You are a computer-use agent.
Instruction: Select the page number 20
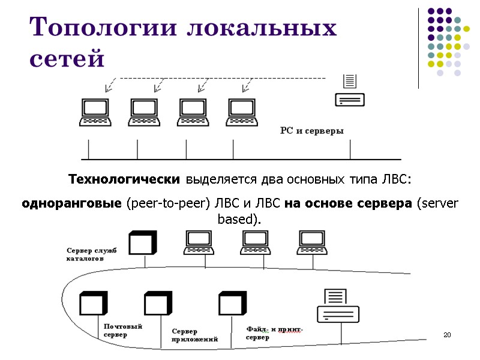[x=446, y=334]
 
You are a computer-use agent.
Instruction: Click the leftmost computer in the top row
[x=95, y=112]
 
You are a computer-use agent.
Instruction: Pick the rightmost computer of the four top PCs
[x=242, y=112]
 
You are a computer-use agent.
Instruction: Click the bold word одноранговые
[x=71, y=203]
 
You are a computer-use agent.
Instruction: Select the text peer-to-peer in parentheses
[x=167, y=203]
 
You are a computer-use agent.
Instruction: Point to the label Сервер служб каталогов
[x=92, y=254]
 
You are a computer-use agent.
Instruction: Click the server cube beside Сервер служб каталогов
[x=143, y=244]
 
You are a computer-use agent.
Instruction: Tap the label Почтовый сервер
[x=122, y=330]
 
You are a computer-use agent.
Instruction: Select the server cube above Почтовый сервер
[x=93, y=304]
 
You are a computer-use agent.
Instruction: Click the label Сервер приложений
[x=194, y=335]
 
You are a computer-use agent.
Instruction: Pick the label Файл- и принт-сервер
[x=274, y=333]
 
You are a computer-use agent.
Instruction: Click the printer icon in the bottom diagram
[x=338, y=306]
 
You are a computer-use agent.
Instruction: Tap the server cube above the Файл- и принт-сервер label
[x=232, y=304]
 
